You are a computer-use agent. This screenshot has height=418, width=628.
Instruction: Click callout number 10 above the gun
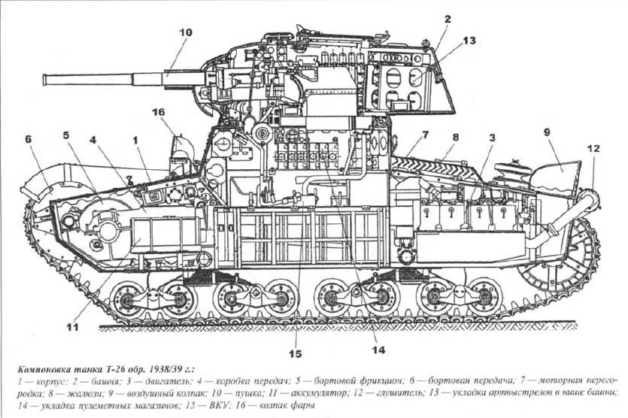[186, 32]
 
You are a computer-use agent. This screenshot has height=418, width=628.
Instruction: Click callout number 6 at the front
[29, 139]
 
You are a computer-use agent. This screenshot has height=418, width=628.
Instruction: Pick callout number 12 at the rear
[594, 149]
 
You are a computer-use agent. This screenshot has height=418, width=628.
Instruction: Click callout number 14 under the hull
[378, 349]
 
